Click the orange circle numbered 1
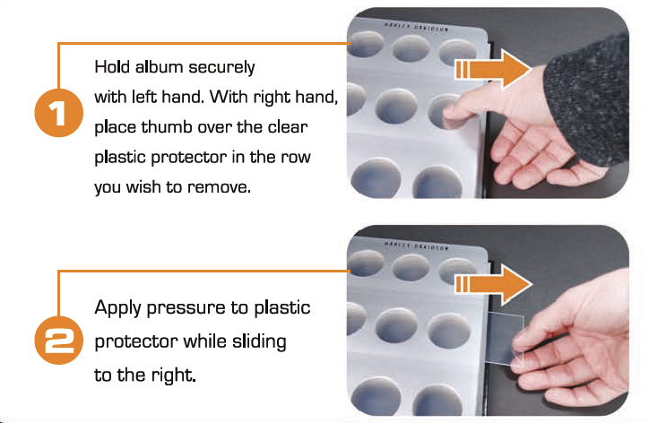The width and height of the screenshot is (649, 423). click(x=59, y=113)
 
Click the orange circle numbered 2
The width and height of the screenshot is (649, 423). click(x=59, y=340)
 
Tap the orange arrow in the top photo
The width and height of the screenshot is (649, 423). click(x=493, y=69)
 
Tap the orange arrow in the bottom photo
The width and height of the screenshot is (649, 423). click(x=493, y=285)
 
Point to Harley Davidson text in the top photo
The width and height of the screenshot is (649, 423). click(x=416, y=27)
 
